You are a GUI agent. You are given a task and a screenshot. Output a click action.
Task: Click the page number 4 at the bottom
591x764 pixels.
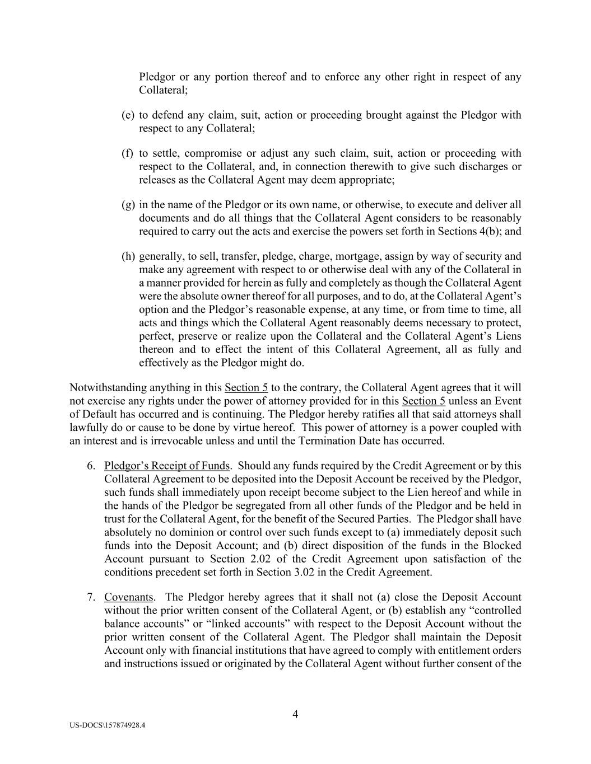pyautogui.click(x=295, y=714)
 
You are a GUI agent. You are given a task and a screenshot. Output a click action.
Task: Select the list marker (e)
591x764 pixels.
pyautogui.click(x=128, y=115)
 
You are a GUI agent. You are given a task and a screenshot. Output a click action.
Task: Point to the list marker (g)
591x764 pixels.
pyautogui.click(x=128, y=205)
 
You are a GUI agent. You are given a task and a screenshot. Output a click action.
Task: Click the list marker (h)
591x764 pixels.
pyautogui.click(x=128, y=256)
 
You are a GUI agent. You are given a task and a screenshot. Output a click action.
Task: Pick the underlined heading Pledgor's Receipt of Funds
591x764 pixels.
pyautogui.click(x=167, y=466)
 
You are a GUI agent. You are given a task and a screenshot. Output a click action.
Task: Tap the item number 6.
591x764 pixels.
pyautogui.click(x=91, y=466)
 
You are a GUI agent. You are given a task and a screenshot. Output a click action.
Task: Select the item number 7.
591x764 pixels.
pyautogui.click(x=91, y=597)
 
